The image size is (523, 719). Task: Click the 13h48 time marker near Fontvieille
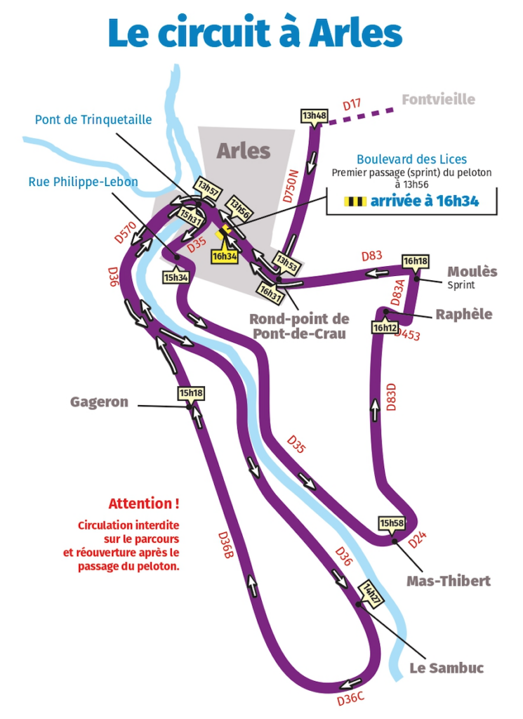(x=314, y=116)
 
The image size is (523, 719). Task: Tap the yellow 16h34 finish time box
(x=225, y=257)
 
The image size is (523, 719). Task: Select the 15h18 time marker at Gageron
(x=191, y=393)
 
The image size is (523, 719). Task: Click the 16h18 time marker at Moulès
(x=415, y=261)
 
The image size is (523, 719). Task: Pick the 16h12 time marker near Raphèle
(x=385, y=327)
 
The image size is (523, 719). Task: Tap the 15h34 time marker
(x=176, y=277)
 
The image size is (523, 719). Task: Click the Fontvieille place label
(x=438, y=100)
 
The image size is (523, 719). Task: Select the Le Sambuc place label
(x=446, y=668)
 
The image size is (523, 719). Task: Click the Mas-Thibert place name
(x=449, y=581)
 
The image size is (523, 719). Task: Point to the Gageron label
(x=99, y=402)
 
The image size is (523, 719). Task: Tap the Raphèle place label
(x=463, y=314)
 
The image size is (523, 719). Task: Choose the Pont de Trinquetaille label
(x=93, y=120)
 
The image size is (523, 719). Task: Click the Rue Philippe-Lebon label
(x=83, y=182)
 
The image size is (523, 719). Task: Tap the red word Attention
(x=143, y=503)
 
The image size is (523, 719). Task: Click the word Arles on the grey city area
(x=243, y=150)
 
